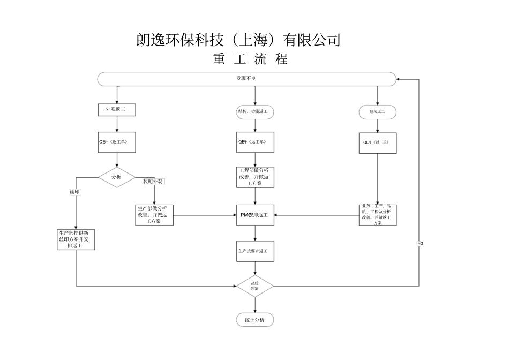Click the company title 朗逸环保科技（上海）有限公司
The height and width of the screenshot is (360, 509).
pos(238,40)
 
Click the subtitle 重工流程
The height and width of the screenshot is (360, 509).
pos(250,59)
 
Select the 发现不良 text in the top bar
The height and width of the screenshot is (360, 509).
pos(246,79)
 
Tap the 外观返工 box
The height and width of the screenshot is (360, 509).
pos(116,110)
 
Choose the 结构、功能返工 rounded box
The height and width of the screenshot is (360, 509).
pos(255,112)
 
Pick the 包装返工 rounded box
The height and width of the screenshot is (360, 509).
pos(377,112)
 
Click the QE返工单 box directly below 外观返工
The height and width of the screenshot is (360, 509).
pos(116,142)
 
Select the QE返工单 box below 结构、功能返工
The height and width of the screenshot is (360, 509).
pos(255,142)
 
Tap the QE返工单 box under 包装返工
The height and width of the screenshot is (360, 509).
pos(377,143)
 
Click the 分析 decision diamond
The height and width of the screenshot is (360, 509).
pos(116,177)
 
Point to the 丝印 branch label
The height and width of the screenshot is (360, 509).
pos(75,192)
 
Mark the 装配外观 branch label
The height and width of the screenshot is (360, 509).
pos(153,182)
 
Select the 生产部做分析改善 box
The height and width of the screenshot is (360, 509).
pos(155,215)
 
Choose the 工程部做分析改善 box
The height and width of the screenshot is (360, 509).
pos(255,177)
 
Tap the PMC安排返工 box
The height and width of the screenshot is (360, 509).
pos(255,215)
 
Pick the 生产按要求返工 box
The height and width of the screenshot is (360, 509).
pos(255,251)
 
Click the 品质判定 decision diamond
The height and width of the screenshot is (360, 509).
pos(255,286)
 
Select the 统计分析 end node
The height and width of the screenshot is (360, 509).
pos(255,320)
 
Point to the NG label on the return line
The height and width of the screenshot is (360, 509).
pos(420,243)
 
